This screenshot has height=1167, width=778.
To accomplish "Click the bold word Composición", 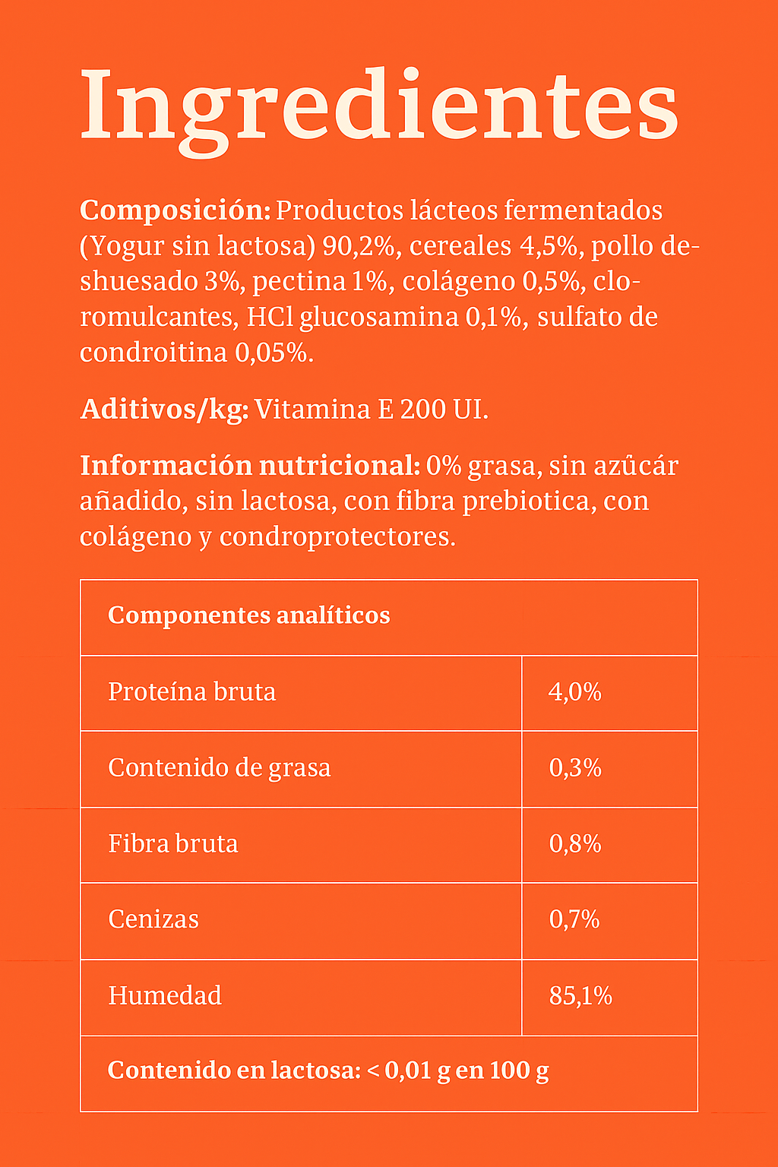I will (174, 210).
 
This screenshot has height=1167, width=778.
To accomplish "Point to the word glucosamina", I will (379, 318).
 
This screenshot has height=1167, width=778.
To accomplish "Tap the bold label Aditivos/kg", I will (164, 410).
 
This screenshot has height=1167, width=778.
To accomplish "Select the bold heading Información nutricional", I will (249, 466).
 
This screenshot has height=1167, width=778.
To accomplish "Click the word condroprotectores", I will (337, 537).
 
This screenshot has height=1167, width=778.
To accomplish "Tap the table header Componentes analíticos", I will (248, 615).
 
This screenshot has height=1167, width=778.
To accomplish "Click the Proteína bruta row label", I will (191, 692).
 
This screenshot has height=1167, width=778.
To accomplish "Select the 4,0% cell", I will (575, 692).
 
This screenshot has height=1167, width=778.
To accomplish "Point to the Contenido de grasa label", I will (219, 768).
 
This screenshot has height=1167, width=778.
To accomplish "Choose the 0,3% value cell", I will (575, 768).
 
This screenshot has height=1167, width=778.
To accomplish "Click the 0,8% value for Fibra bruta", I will (575, 844).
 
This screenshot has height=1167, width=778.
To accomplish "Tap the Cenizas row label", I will (153, 920).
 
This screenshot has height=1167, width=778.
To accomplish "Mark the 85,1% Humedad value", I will (580, 996).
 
